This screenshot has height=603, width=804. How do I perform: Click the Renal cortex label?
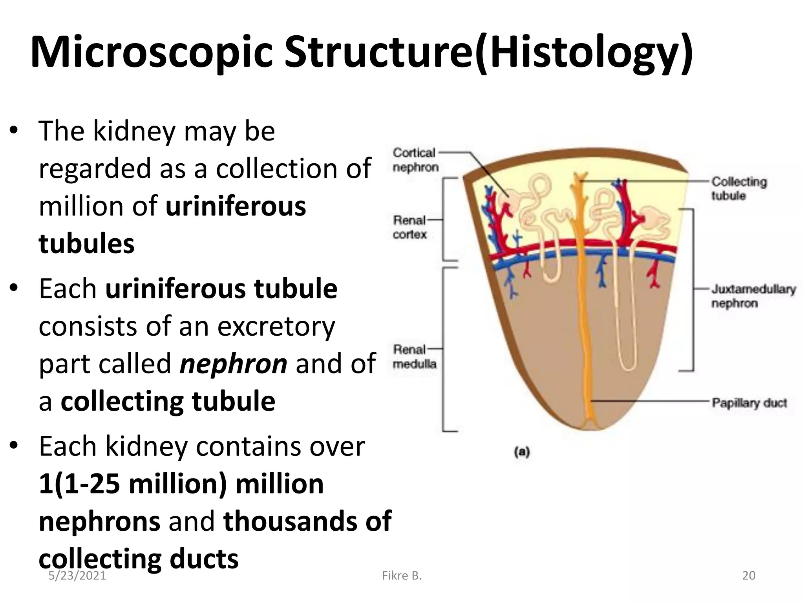(x=409, y=227)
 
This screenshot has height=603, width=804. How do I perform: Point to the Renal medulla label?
(x=414, y=356)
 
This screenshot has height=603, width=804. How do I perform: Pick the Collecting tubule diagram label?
(x=738, y=188)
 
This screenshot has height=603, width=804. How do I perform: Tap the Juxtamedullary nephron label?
(x=753, y=296)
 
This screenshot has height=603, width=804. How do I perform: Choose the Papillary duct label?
(x=749, y=403)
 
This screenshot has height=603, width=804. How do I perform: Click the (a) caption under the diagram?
(x=522, y=452)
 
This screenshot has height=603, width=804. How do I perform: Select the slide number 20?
(x=749, y=576)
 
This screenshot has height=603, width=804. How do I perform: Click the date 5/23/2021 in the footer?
(x=77, y=576)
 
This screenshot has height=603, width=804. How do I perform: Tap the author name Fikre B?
(x=402, y=576)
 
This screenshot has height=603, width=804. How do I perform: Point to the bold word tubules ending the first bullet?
(x=86, y=243)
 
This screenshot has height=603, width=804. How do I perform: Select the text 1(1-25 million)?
(x=133, y=484)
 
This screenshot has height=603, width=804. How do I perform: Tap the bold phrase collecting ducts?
(x=139, y=558)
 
